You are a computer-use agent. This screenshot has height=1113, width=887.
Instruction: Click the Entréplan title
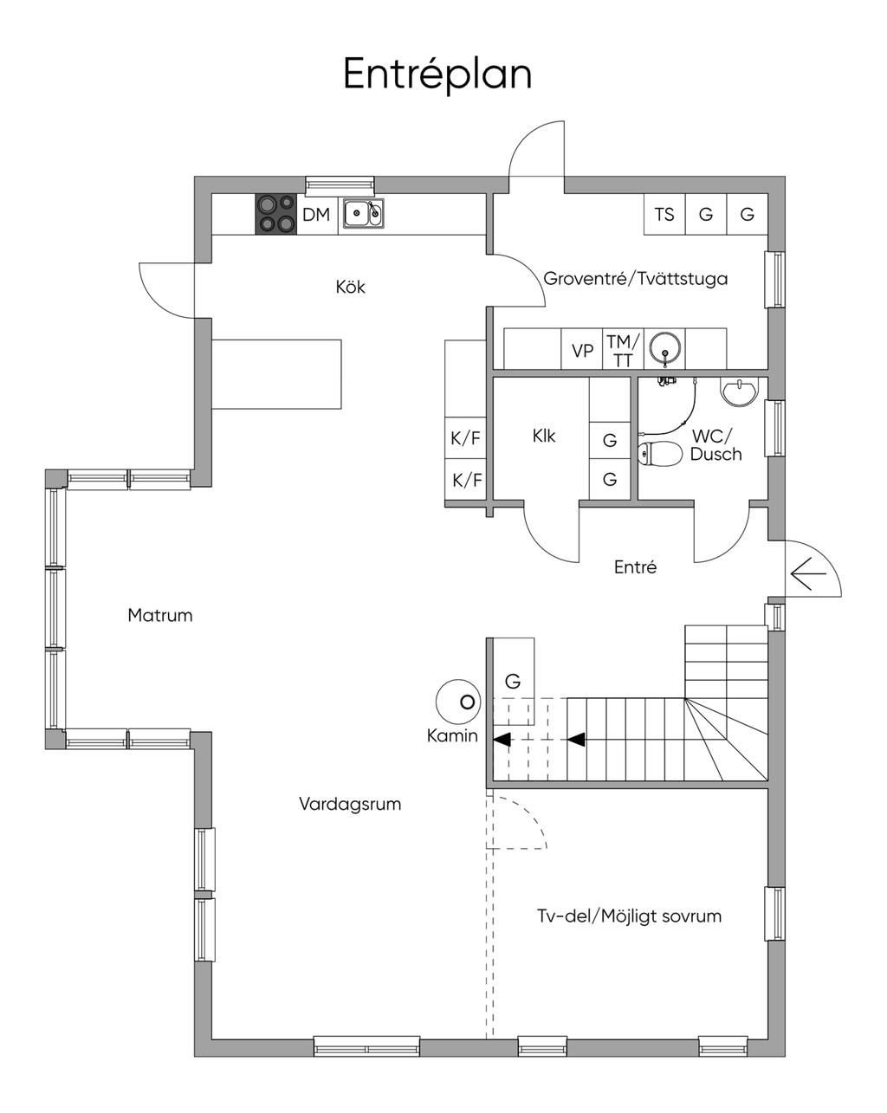point(437,75)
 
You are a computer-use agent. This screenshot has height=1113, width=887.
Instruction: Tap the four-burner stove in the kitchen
point(275,214)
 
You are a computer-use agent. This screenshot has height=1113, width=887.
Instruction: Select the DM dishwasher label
point(316,214)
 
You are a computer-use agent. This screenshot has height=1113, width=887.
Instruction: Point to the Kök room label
point(350,287)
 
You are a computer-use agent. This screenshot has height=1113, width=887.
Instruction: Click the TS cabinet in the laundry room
point(664,214)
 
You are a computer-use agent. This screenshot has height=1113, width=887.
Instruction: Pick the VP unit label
point(582,351)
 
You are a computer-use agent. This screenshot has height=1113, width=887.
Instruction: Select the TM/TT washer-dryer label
point(623,351)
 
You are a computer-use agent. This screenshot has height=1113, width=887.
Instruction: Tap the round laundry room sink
point(665,348)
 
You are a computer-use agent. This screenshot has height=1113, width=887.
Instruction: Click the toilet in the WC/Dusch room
point(657,454)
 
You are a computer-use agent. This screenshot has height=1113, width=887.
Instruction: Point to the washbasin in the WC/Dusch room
point(740,392)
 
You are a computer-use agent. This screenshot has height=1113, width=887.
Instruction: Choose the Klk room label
point(544,436)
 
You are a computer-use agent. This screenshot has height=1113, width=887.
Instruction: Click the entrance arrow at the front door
point(808,574)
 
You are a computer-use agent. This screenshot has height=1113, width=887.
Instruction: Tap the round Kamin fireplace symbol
point(458,702)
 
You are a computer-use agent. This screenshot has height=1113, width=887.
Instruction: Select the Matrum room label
point(159,616)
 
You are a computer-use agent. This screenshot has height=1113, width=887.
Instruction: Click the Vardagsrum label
point(350,805)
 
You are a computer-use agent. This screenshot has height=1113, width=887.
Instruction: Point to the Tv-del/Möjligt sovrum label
point(629,916)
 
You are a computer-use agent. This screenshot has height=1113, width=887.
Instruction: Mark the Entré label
point(635,566)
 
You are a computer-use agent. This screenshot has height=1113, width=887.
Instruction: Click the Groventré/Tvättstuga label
point(635,279)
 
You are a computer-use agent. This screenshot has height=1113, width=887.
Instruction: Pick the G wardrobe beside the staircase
point(513,682)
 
